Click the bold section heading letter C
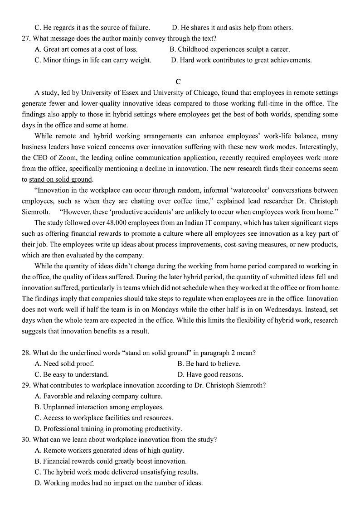pos(178,82)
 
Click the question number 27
pos(26,39)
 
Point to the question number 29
pos(26,385)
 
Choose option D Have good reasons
pos(210,374)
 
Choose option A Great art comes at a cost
pos(86,49)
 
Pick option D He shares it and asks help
pos(233,28)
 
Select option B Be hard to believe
pos(209,364)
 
